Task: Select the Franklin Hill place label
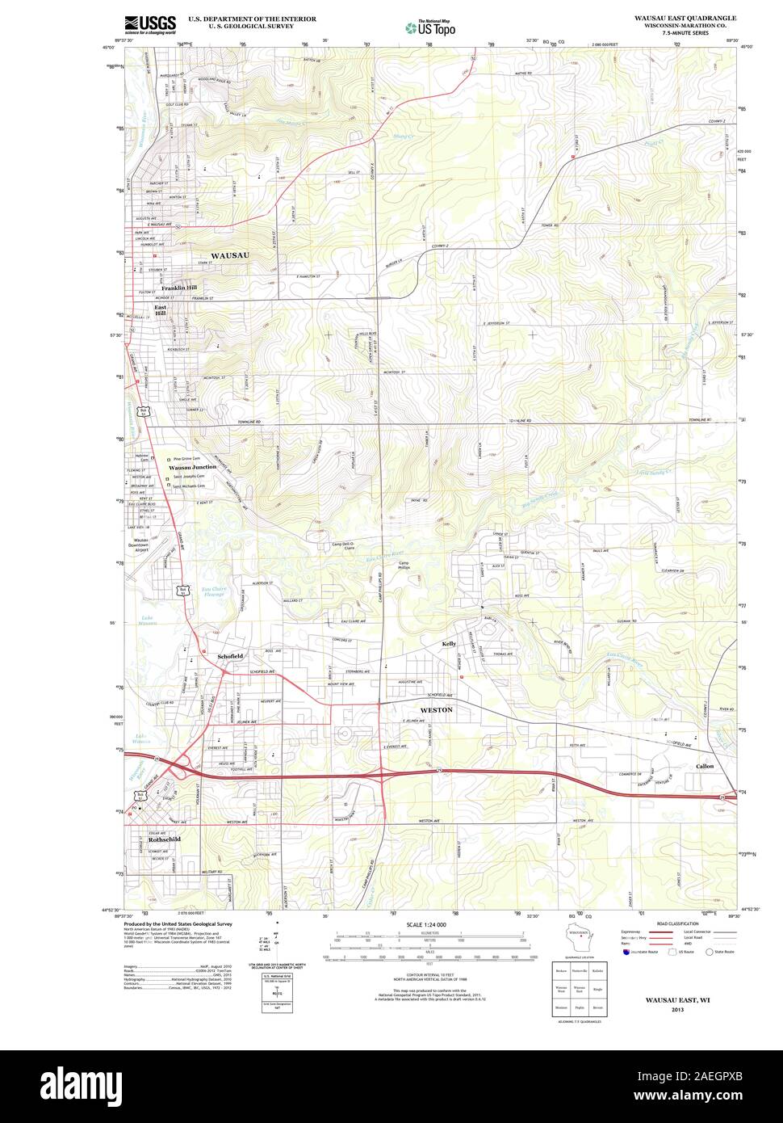click(x=178, y=288)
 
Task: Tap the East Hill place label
click(x=162, y=312)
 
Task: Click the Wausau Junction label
click(x=192, y=467)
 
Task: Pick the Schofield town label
click(x=229, y=656)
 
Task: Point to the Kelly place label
click(x=449, y=644)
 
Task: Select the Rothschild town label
click(x=165, y=839)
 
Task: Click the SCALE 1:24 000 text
click(x=426, y=924)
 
